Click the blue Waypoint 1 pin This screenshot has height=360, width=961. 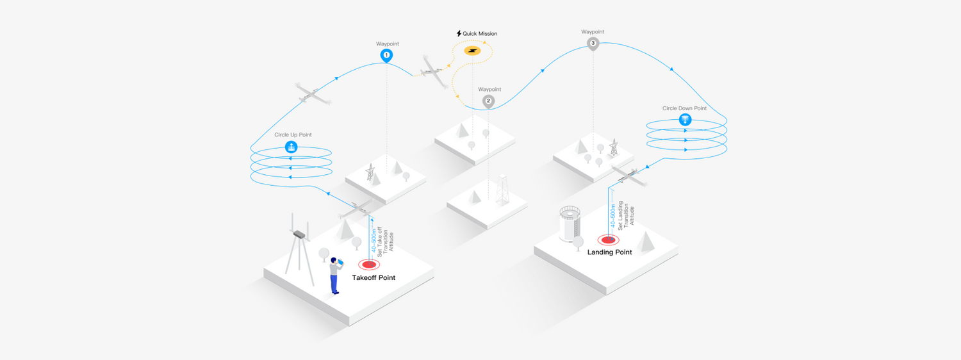386,56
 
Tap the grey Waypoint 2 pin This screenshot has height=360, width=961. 488,101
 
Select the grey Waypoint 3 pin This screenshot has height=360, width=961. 593,44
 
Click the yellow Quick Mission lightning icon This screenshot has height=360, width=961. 473,50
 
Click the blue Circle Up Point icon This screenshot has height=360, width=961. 292,147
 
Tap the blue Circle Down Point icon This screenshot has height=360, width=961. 685,120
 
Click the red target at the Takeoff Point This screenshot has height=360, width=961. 368,264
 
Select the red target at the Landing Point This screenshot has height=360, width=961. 608,240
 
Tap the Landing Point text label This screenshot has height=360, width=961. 609,252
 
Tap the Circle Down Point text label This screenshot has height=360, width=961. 684,108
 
